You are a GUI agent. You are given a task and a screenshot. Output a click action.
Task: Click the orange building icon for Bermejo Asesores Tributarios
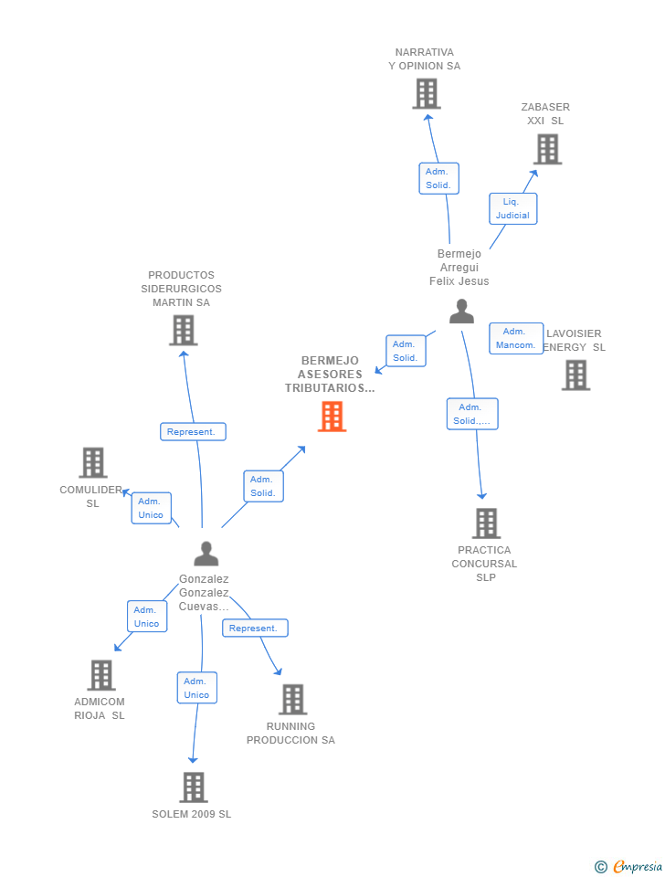332,417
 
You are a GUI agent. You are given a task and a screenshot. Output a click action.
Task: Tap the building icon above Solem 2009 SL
193,787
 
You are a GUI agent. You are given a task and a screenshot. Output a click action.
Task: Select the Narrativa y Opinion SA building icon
426,93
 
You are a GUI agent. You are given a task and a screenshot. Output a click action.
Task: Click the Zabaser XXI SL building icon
547,149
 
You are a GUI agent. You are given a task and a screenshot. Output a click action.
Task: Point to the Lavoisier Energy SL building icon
575,375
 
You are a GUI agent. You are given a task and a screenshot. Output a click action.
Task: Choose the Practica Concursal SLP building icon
486,523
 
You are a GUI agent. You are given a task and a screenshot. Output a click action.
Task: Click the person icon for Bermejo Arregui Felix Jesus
461,312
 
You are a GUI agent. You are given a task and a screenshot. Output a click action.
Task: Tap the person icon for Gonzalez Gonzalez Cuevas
206,554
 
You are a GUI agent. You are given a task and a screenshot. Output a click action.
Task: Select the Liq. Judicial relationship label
512,208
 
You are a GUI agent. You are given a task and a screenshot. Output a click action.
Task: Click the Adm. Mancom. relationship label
516,338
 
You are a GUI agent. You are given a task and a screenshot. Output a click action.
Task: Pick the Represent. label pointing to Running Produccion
255,629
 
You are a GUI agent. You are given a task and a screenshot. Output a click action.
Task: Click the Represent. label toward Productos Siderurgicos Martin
193,432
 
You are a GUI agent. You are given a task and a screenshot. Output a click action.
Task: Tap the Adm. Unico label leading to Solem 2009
196,688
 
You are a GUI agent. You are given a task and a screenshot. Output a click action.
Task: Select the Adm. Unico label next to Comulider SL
151,508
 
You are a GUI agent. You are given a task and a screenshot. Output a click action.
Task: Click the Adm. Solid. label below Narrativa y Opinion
438,178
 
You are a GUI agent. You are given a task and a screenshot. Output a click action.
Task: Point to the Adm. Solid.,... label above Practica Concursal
472,414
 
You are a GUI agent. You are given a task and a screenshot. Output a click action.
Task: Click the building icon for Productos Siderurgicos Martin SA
183,330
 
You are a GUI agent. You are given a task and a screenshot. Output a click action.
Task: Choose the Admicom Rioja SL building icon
100,675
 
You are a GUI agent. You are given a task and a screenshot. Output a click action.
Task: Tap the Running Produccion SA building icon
292,699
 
